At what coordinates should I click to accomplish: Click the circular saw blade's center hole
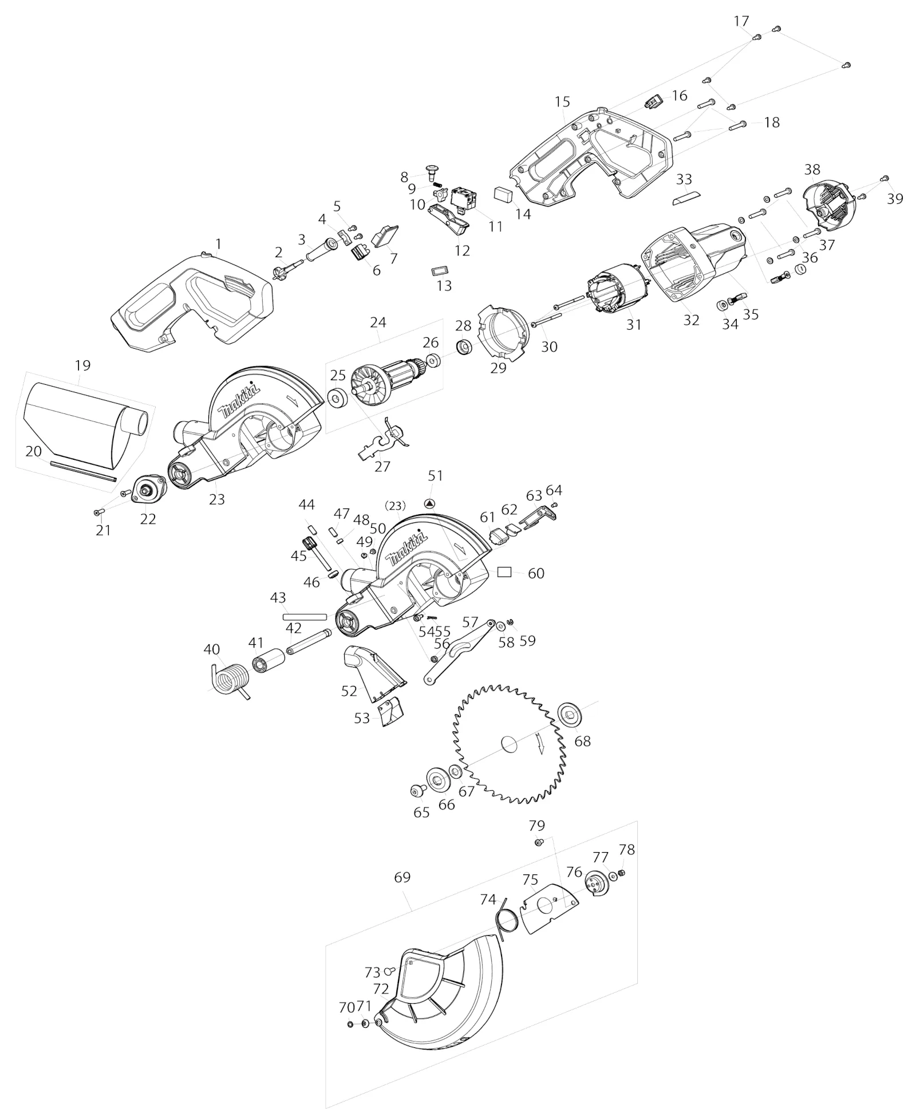point(510,745)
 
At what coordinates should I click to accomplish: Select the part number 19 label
point(82,365)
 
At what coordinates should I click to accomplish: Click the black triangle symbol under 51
point(430,503)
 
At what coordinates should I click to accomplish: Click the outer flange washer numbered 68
point(568,714)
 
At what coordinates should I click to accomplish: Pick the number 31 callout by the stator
point(633,324)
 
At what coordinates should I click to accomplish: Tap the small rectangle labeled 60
point(504,571)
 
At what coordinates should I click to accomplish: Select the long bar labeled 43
point(305,617)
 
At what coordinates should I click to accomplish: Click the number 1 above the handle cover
point(218,244)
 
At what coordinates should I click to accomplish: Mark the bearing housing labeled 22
point(148,490)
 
